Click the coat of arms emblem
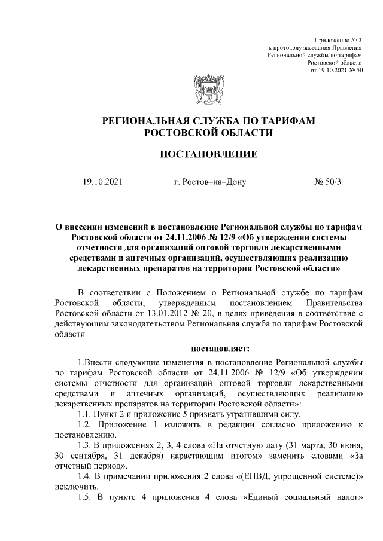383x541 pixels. point(208,90)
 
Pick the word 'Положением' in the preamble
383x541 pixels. point(182,292)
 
